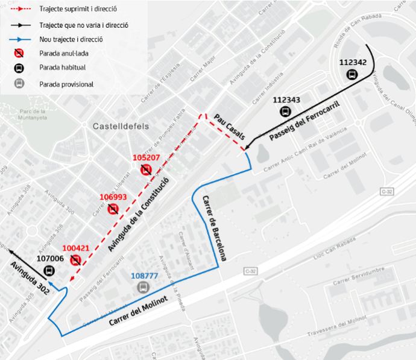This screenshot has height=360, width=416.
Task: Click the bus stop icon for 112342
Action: [352, 74]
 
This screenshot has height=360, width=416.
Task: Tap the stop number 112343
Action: [286, 99]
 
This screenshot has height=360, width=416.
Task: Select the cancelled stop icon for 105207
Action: [146, 170]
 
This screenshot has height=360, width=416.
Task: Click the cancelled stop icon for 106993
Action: [113, 209]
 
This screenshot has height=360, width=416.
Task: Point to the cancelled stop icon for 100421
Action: [75, 260]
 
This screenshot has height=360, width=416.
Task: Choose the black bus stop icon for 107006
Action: [49, 271]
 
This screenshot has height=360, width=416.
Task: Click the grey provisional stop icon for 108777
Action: [142, 287]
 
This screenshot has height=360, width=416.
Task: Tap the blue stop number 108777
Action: [145, 276]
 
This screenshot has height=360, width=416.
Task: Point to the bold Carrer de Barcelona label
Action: [215, 228]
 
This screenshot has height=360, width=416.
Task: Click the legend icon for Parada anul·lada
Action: [19, 53]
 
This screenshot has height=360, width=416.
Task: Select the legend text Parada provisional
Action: [66, 84]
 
